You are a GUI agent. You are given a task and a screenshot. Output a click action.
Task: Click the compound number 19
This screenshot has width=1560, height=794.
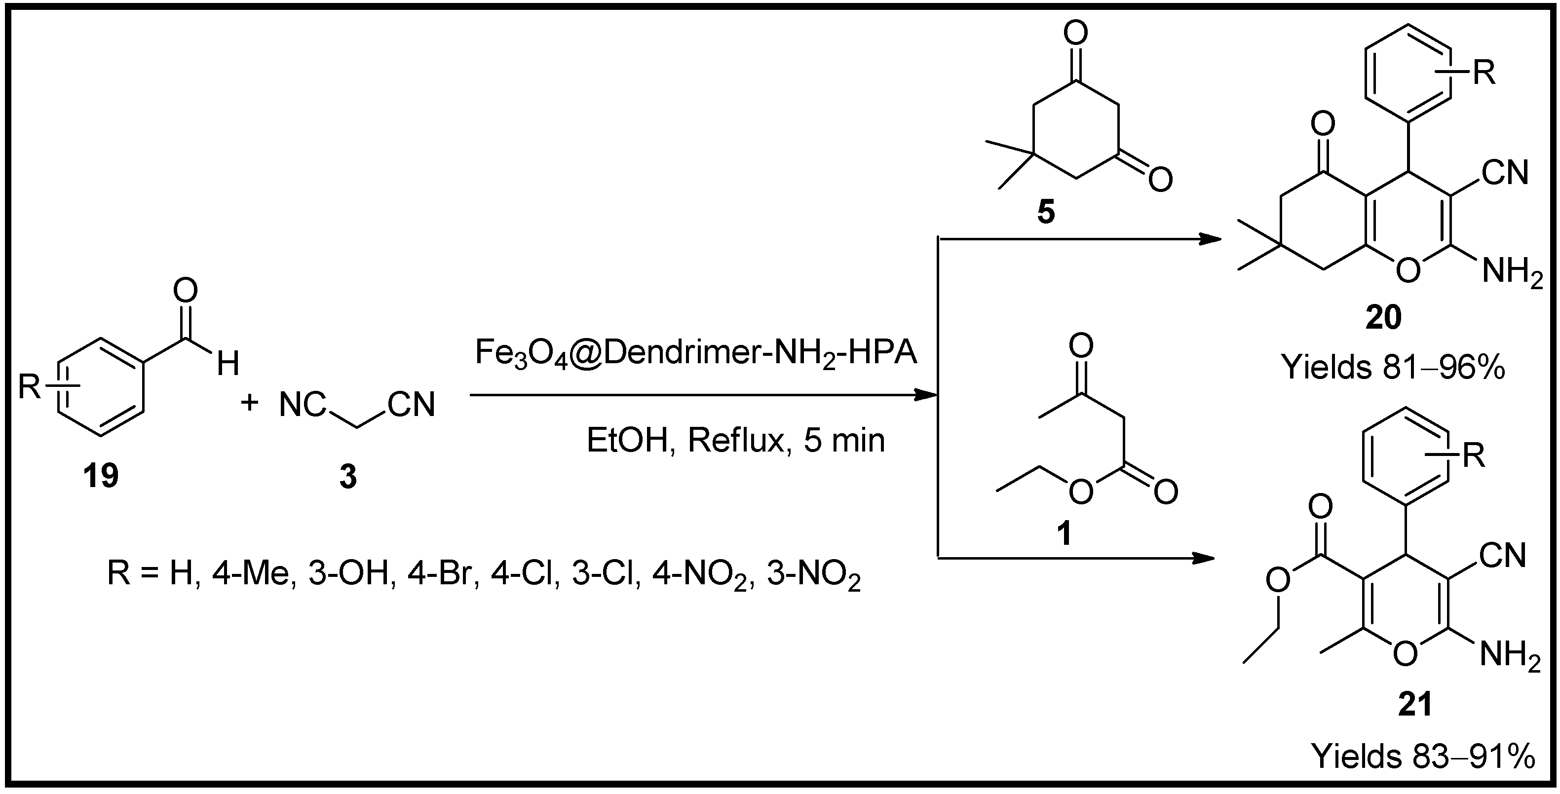point(101,476)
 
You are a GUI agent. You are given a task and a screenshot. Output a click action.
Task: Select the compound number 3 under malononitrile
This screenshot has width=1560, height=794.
point(347,477)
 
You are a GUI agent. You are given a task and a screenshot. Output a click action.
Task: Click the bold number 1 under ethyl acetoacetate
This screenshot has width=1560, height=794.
point(1064,533)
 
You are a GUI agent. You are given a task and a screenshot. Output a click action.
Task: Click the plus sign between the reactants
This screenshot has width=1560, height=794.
point(250,402)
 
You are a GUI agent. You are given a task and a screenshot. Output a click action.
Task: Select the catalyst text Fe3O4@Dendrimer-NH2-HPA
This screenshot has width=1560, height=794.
point(696,354)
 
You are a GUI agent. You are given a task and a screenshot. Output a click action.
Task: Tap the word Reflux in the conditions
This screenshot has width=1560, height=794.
point(736,440)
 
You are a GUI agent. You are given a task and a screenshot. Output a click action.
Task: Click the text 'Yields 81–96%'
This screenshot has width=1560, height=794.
point(1393,367)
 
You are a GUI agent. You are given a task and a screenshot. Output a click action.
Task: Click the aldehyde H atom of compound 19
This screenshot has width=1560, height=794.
point(228,365)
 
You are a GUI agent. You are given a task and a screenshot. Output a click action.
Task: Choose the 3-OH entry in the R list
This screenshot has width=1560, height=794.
point(347,573)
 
